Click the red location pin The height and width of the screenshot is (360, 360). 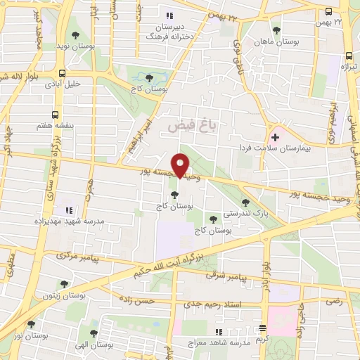pyautogui.click(x=181, y=165)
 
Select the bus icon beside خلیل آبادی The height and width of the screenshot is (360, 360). pyautogui.click(x=63, y=72)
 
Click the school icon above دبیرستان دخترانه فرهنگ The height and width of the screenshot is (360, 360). pyautogui.click(x=168, y=15)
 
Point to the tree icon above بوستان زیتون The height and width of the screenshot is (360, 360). pyautogui.click(x=64, y=285)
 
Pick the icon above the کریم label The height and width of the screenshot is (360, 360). pyautogui.click(x=263, y=327)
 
